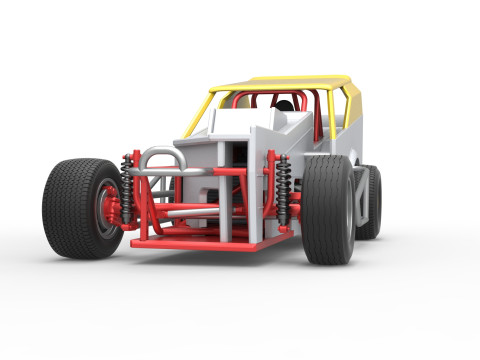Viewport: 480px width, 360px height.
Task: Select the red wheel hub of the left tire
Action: pyautogui.click(x=106, y=211)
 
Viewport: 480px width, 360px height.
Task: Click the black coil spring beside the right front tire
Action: pyautogui.click(x=284, y=187)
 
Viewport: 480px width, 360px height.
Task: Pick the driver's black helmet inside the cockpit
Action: pyautogui.click(x=284, y=105)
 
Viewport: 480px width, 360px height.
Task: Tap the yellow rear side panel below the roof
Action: pyautogui.click(x=350, y=106)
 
